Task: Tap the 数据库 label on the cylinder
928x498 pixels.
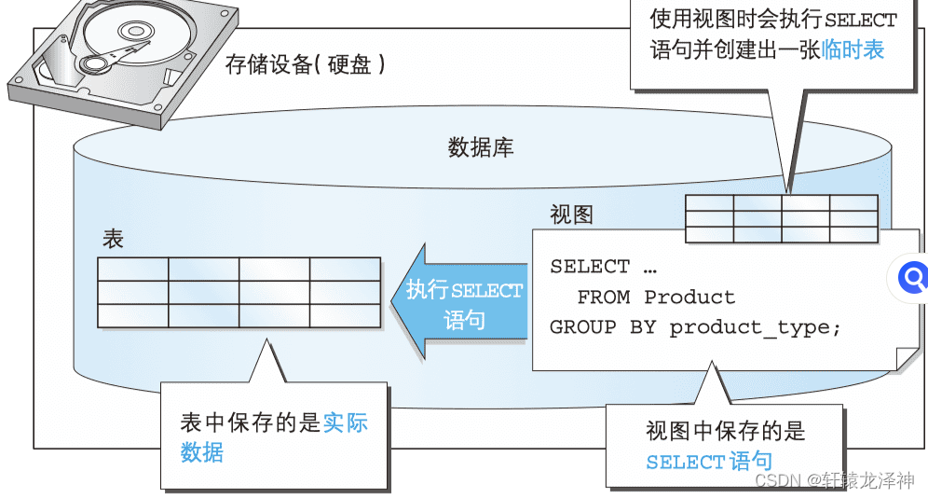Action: point(481,147)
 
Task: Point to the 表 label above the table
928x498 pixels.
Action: point(113,239)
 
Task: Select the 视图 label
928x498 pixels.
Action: point(571,215)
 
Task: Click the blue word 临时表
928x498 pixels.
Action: point(853,50)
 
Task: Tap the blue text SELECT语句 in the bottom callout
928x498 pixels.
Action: point(708,461)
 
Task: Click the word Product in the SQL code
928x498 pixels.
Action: point(689,297)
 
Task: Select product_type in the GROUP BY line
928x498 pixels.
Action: point(755,327)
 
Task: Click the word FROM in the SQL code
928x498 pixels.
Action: point(603,297)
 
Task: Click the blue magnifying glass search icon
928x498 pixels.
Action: point(914,276)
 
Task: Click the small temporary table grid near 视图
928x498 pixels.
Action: point(781,218)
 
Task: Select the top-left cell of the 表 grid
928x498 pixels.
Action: point(133,269)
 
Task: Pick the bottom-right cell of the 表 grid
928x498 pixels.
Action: point(345,315)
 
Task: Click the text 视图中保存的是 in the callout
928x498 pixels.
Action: point(725,431)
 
